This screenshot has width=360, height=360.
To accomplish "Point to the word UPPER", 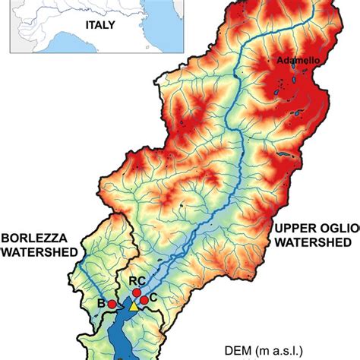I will click(x=295, y=229).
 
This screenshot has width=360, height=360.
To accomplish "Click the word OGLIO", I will click(x=337, y=229).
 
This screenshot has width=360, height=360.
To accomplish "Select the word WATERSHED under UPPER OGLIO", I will click(x=312, y=243).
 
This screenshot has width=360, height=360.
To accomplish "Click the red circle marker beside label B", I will click(x=112, y=304).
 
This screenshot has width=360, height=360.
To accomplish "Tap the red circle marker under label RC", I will click(x=137, y=292).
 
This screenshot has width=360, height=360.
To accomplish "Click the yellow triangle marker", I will click(x=134, y=306).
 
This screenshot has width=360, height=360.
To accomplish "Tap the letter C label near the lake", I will click(x=153, y=297).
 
